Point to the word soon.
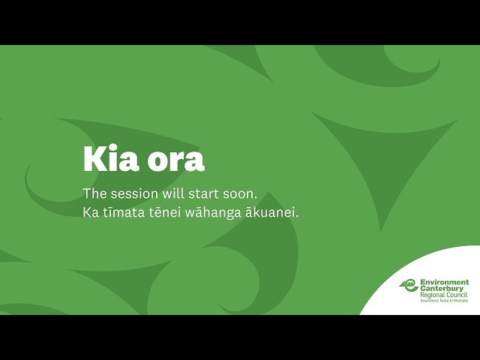pyautogui.click(x=241, y=193)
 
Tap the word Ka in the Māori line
pyautogui.click(x=91, y=213)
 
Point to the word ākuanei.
pyautogui.click(x=274, y=213)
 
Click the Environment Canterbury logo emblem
pyautogui.click(x=409, y=285)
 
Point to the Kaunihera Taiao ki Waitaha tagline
pyautogui.click(x=443, y=300)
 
